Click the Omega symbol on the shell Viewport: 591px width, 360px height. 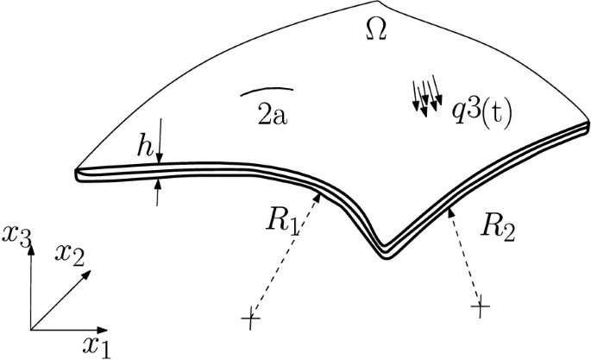coord(376,29)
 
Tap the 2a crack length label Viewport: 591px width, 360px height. coord(272,114)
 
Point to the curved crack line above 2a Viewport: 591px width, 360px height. coord(267,90)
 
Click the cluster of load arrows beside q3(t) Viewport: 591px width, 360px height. coord(427,96)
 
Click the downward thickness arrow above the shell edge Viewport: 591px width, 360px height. coord(160,141)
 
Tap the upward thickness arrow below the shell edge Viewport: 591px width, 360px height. coord(158,193)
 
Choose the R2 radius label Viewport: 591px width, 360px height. coord(497,228)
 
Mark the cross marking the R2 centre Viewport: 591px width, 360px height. coord(481,306)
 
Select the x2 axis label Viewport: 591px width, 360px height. coord(69,255)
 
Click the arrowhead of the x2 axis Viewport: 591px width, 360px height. coord(86,274)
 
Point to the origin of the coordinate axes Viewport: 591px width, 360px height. coord(31,330)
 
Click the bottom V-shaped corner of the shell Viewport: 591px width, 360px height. coord(385,256)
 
